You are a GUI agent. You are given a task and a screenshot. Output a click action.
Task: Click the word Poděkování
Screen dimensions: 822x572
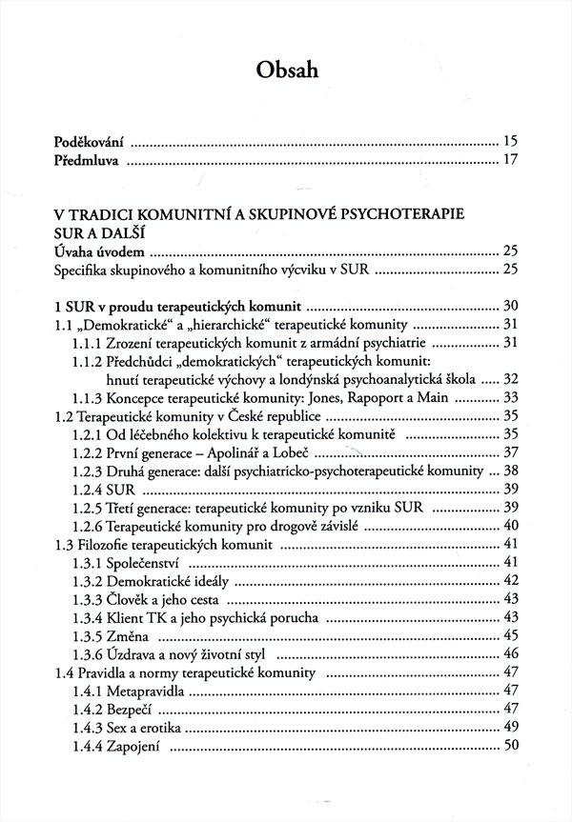tap(89, 141)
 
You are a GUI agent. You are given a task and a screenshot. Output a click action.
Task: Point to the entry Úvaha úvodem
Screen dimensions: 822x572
tap(99, 251)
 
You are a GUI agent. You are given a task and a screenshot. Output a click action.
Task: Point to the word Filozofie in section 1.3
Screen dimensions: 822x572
tap(108, 544)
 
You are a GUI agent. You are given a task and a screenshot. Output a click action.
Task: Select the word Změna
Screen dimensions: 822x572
tap(143, 634)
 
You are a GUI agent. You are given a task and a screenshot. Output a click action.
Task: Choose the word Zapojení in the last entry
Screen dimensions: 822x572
tap(147, 747)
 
